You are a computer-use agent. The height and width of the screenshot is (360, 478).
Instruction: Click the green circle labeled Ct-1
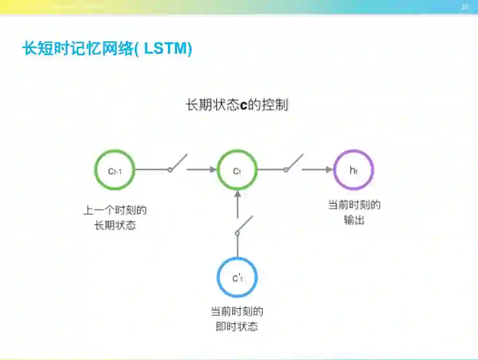[x=115, y=170]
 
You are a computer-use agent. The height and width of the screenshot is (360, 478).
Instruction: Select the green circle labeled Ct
[x=237, y=170]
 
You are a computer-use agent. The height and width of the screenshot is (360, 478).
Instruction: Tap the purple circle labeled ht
[x=354, y=170]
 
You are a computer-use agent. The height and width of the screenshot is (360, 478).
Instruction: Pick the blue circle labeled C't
[x=237, y=277]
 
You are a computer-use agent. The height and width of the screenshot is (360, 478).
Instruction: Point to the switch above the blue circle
[x=244, y=225]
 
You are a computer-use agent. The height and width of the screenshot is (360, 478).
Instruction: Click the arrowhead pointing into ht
[x=329, y=169]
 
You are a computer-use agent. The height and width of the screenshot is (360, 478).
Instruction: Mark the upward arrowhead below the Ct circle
[x=238, y=194]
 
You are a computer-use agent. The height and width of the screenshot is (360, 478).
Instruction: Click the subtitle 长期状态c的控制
[x=237, y=105]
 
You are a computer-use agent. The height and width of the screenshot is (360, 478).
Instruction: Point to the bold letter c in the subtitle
[x=243, y=106]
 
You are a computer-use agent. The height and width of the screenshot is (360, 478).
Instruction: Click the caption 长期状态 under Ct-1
[x=115, y=225]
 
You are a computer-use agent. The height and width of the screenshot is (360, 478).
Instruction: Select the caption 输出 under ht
[x=354, y=220]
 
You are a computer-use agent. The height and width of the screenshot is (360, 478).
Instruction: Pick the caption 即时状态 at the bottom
[x=237, y=327]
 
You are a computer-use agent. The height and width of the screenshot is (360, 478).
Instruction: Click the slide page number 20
[x=465, y=7]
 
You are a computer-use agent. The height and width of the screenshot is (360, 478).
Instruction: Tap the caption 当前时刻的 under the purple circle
[x=354, y=205]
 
